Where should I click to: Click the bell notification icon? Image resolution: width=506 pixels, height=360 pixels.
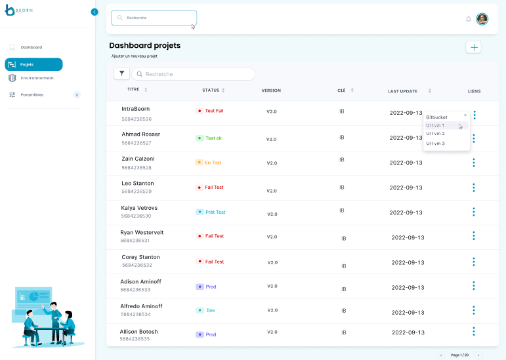tap(469, 19)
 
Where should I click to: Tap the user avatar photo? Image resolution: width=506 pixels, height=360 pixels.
tap(482, 19)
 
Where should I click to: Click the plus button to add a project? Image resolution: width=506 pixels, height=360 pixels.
tap(473, 47)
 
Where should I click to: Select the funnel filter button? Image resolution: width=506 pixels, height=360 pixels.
tap(121, 74)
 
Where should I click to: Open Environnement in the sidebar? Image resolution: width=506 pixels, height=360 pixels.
tap(37, 78)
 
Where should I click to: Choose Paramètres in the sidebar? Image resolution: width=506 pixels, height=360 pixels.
tap(32, 95)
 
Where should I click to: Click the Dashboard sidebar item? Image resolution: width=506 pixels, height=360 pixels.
tap(31, 47)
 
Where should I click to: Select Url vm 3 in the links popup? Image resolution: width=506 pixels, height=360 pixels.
tap(435, 144)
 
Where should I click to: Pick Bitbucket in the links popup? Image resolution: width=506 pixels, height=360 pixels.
tap(436, 117)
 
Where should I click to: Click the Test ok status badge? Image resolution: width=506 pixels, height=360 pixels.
tap(210, 138)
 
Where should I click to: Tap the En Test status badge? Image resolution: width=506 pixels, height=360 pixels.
tap(209, 163)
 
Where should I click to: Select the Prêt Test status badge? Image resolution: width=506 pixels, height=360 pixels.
tap(211, 212)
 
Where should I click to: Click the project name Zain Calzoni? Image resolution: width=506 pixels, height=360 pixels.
tap(138, 159)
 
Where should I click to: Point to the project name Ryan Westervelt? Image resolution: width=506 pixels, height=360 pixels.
tap(142, 233)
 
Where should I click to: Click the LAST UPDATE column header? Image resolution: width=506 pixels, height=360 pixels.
tap(402, 90)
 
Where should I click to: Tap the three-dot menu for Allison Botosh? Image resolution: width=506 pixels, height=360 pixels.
tap(474, 334)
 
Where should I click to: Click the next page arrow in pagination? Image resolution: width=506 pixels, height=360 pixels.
tap(478, 355)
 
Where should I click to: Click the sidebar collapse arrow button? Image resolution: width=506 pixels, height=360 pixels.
tap(95, 12)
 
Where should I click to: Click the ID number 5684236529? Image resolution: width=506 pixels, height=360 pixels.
tap(137, 191)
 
